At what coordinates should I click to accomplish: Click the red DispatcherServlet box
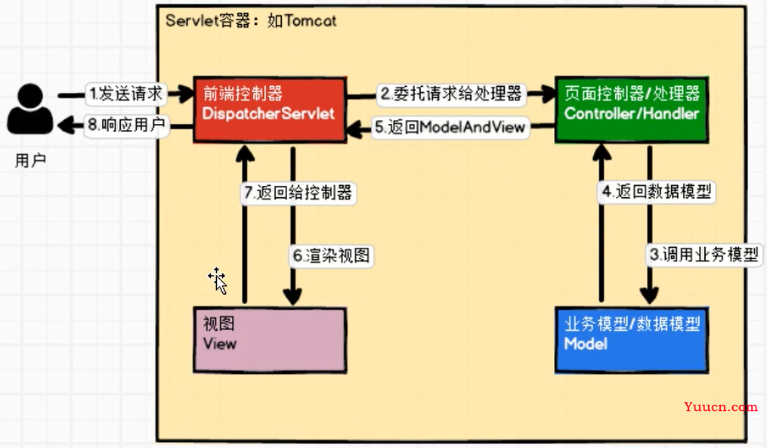[269, 109]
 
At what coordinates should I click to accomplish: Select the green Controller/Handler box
[632, 109]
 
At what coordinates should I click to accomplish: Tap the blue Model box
[632, 339]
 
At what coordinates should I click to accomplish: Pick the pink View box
[270, 339]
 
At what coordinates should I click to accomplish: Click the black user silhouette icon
[31, 109]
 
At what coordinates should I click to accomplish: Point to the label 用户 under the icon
[30, 161]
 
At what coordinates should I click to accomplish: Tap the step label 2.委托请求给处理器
[451, 94]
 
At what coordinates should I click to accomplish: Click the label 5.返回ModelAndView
[450, 127]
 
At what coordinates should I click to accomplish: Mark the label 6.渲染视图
[331, 255]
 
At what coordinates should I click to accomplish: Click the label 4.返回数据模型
[657, 191]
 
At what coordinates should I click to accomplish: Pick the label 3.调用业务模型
[704, 254]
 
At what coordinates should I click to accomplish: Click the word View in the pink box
[220, 344]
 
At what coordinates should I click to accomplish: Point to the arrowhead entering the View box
[292, 298]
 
